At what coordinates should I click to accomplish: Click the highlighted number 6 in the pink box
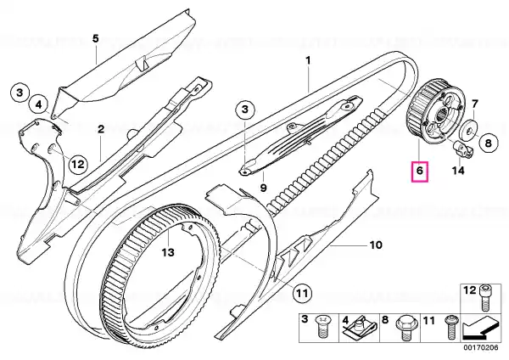(420, 171)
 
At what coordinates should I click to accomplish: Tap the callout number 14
(458, 171)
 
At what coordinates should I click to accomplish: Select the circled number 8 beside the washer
(489, 143)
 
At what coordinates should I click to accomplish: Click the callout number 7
(474, 104)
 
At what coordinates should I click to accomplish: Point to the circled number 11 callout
(302, 294)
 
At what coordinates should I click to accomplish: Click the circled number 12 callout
(78, 164)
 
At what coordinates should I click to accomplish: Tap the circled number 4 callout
(38, 105)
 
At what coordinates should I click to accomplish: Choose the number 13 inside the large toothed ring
(168, 252)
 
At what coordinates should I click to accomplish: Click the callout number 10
(376, 245)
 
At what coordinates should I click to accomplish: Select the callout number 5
(95, 39)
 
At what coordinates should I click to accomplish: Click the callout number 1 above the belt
(308, 60)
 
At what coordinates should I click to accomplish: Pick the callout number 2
(101, 129)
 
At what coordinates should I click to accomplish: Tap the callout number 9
(263, 187)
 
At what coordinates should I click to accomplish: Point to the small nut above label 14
(462, 149)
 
